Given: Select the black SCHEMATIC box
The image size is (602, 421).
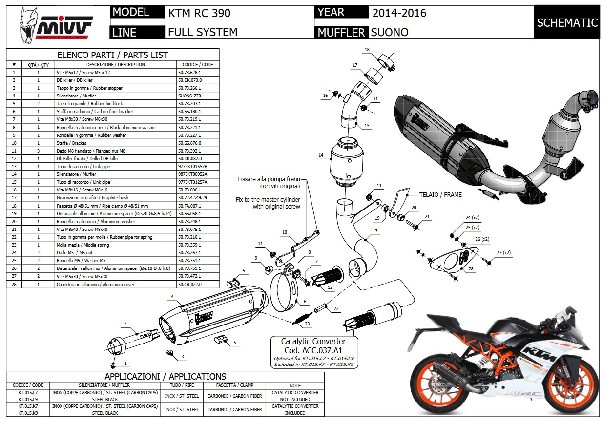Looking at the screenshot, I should coord(567,22).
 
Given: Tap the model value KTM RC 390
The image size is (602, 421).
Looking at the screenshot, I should coord(199,13).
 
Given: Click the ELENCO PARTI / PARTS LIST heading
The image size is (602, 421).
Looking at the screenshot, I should coord(113,55).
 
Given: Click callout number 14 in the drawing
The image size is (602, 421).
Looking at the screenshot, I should coord(321,155).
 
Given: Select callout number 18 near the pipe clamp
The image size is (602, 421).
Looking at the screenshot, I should coord(367,50).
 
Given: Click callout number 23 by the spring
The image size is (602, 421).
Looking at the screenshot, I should coord(307,324).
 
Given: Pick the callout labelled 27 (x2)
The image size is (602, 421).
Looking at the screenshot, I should coord(503,253).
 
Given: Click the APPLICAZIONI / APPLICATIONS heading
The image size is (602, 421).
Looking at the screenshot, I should coord(165,377).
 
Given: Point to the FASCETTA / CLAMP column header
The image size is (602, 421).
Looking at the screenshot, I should coord(234,385).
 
